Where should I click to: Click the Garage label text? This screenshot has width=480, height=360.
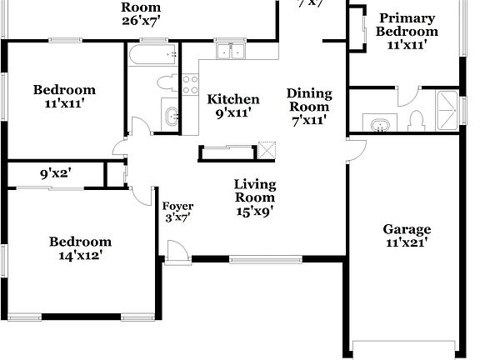[407, 229]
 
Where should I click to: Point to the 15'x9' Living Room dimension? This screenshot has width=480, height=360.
[254, 211]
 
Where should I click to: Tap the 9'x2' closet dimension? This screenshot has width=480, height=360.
[55, 176]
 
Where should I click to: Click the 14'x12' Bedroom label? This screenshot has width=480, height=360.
[80, 249]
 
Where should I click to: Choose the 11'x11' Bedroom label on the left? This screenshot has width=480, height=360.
[64, 97]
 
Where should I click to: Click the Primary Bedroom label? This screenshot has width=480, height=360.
[407, 31]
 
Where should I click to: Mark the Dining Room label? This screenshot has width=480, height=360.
[308, 106]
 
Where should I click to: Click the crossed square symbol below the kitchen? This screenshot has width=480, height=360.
[267, 150]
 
